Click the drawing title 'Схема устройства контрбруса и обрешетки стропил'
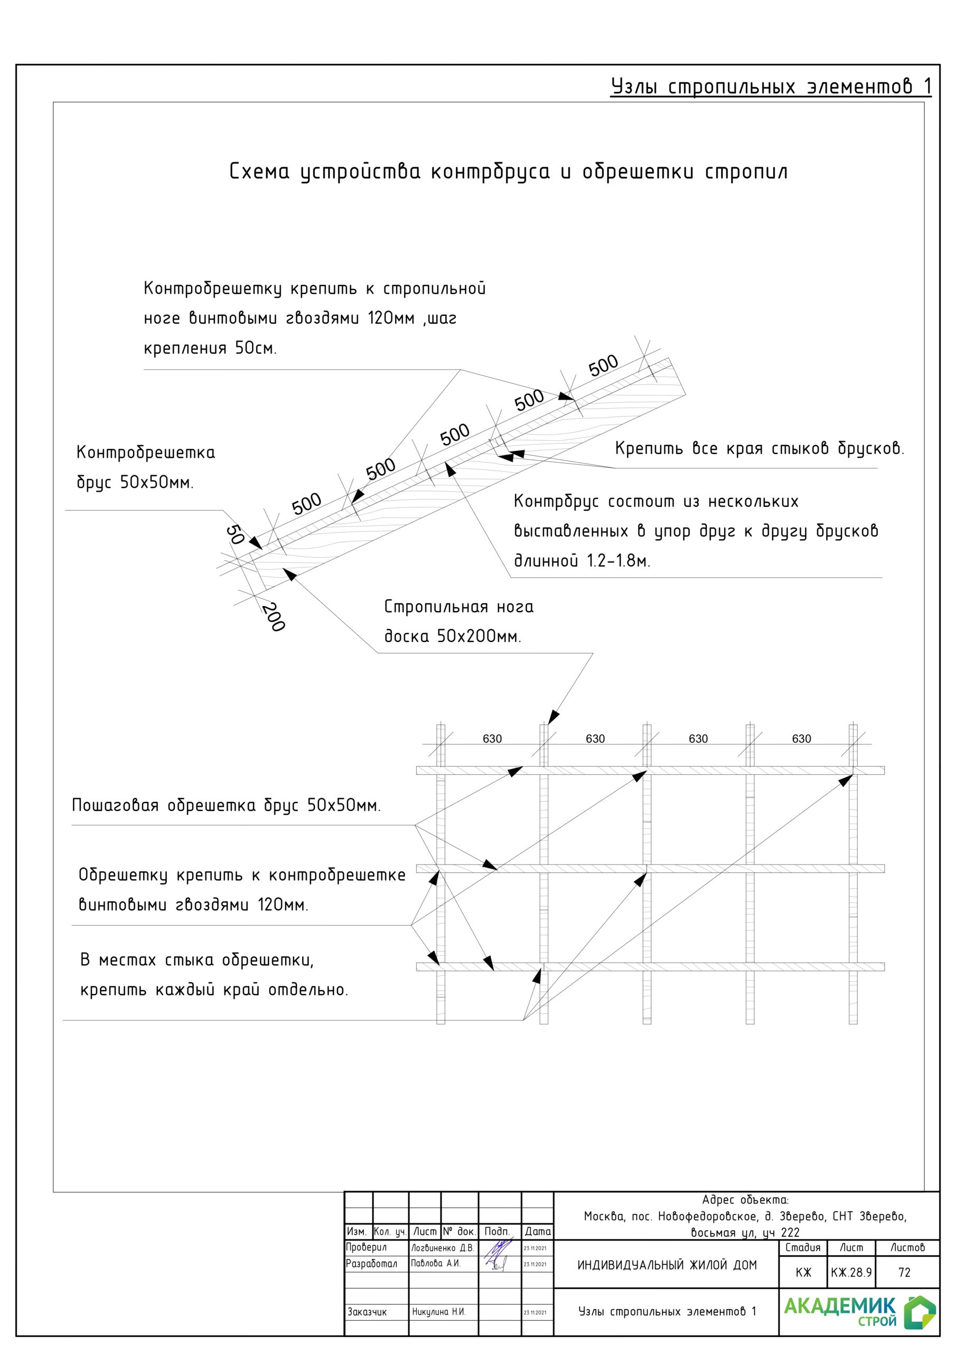pyautogui.click(x=508, y=172)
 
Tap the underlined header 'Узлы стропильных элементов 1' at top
pyautogui.click(x=771, y=87)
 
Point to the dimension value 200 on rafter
pyautogui.click(x=273, y=616)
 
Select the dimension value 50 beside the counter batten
pyautogui.click(x=235, y=534)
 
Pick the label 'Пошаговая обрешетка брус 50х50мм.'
pyautogui.click(x=226, y=805)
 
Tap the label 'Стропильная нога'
pyautogui.click(x=459, y=606)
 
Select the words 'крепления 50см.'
pyautogui.click(x=210, y=348)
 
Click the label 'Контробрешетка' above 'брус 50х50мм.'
pyautogui.click(x=145, y=453)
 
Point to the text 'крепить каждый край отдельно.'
pyautogui.click(x=214, y=989)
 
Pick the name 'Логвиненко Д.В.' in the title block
pyautogui.click(x=443, y=1248)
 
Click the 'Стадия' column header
pyautogui.click(x=802, y=1247)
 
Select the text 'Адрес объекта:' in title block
pyautogui.click(x=745, y=1199)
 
